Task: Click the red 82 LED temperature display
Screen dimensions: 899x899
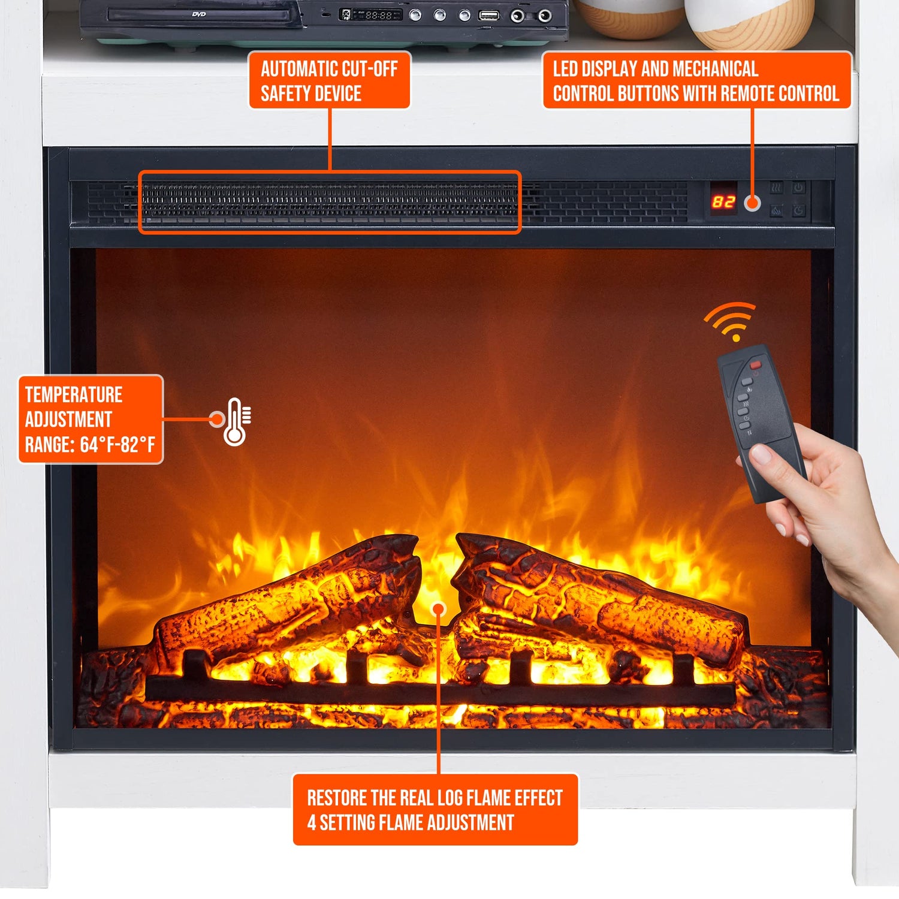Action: click(723, 202)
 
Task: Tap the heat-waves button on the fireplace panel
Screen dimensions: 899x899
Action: click(777, 188)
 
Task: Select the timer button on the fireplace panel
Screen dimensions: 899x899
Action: click(799, 210)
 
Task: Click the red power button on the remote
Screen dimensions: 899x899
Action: click(755, 364)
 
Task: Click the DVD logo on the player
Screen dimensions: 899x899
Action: click(199, 14)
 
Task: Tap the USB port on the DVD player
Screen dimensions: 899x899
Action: click(488, 15)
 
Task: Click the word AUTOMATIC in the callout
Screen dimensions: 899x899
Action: click(298, 69)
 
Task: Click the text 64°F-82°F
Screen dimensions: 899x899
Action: click(117, 445)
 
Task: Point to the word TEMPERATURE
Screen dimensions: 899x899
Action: click(74, 394)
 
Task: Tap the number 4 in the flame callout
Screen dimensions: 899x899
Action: click(312, 822)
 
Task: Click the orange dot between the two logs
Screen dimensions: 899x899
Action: click(439, 610)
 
